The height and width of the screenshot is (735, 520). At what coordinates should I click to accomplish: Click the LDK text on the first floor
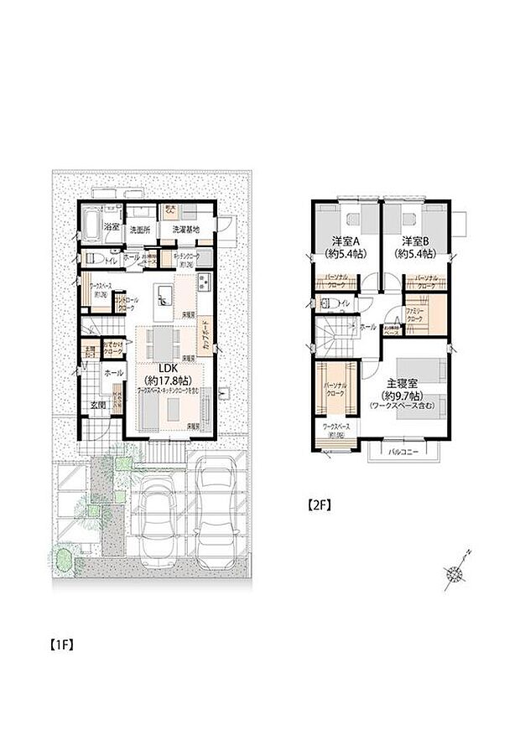[x=170, y=367]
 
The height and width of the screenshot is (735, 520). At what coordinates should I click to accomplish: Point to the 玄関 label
[x=99, y=406]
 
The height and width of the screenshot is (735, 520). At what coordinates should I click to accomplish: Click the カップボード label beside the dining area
[x=205, y=337]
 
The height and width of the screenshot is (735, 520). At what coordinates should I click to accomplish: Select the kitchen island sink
[x=164, y=293]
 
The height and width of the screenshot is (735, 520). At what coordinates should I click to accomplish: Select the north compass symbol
[x=455, y=573]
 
